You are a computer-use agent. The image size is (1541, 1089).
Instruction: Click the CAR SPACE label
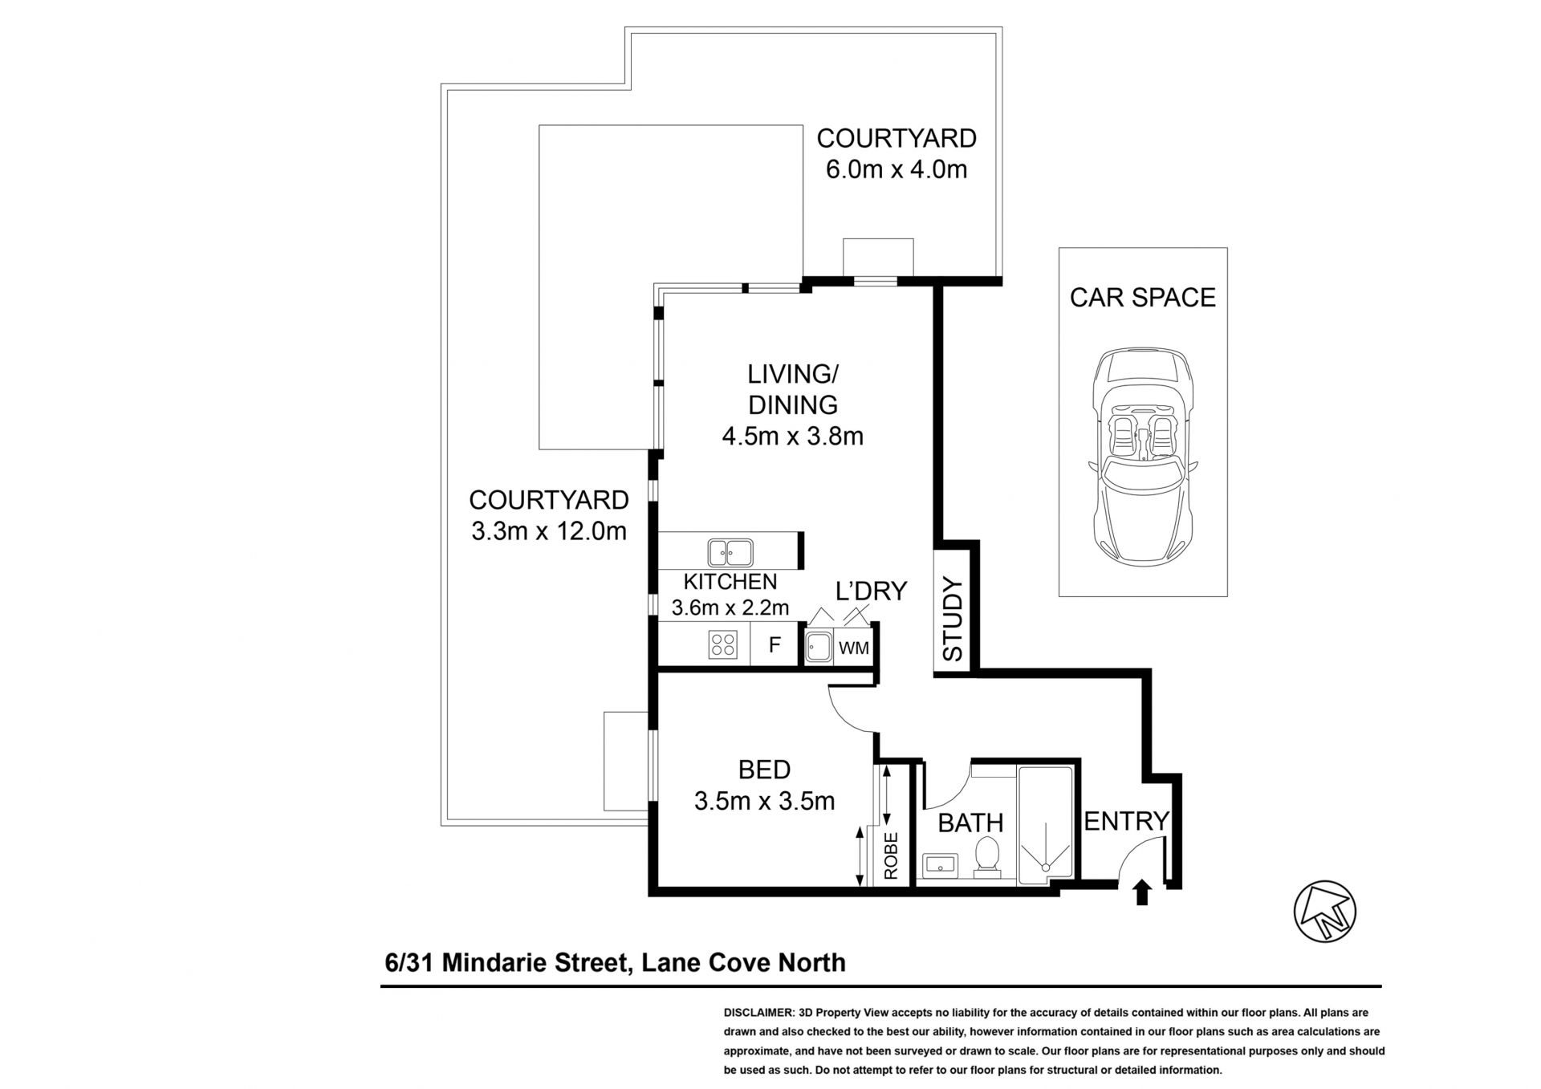coord(1142,297)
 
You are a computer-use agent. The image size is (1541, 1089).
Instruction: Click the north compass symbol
coord(1324,912)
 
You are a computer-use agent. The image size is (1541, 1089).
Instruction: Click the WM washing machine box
coord(853,647)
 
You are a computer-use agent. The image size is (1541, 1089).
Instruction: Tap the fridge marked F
coord(775,644)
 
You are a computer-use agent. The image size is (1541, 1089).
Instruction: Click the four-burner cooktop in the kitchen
coord(723,644)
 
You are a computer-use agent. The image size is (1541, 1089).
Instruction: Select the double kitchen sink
coord(730,552)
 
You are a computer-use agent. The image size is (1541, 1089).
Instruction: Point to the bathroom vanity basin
coord(940,865)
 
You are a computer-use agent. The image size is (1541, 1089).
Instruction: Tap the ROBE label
coord(891,855)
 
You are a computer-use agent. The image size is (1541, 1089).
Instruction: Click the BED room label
coord(764,770)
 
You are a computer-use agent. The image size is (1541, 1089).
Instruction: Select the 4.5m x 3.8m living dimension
coord(792,436)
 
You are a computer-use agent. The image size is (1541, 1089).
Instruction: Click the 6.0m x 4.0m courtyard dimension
coord(897,169)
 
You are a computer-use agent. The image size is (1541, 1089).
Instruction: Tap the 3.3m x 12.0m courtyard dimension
coord(549,530)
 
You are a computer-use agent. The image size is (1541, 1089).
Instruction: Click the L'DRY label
coord(871,591)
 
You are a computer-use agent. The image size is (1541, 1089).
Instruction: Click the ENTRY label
coord(1127,821)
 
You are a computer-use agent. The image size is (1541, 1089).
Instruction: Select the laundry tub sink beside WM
coord(819,647)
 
